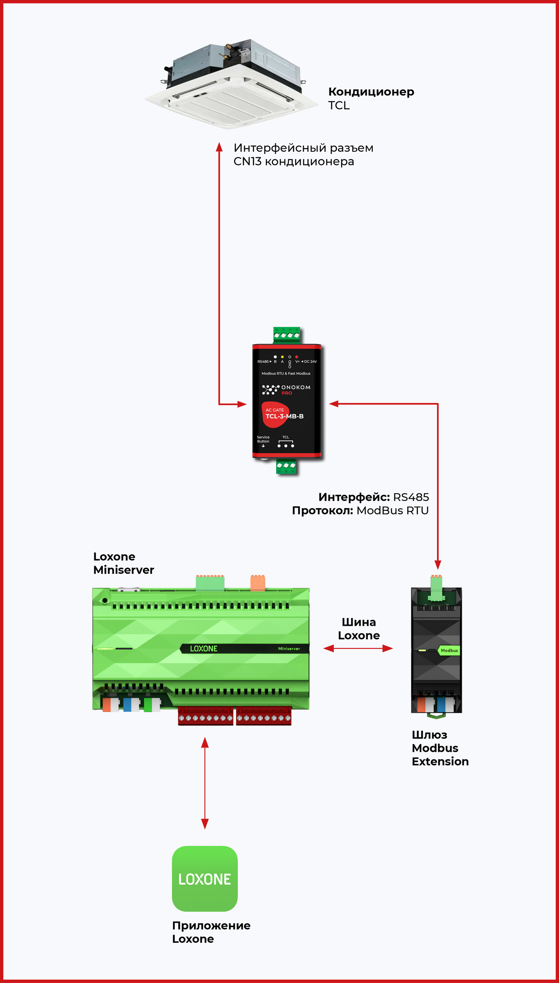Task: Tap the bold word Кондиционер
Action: tap(371, 92)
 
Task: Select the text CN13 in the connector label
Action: tap(247, 162)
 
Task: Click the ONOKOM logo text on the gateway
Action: tap(296, 387)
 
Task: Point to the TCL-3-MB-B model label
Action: tap(284, 416)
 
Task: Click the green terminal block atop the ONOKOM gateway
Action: tap(287, 335)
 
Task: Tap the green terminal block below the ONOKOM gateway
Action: tap(286, 466)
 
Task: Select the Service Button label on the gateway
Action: tap(263, 439)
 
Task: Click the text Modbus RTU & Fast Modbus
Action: tap(286, 373)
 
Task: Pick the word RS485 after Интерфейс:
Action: tap(411, 497)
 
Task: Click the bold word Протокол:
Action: tap(322, 511)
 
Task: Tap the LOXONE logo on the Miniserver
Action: tap(203, 649)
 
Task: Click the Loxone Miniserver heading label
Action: tap(123, 563)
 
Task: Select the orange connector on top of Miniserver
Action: tap(258, 583)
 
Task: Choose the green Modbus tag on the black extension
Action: tap(449, 650)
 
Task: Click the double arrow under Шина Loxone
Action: tap(358, 649)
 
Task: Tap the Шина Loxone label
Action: tap(359, 629)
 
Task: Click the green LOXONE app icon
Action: tap(205, 879)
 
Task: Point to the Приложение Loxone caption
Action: tap(211, 932)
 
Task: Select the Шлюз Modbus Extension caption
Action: tap(440, 748)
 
